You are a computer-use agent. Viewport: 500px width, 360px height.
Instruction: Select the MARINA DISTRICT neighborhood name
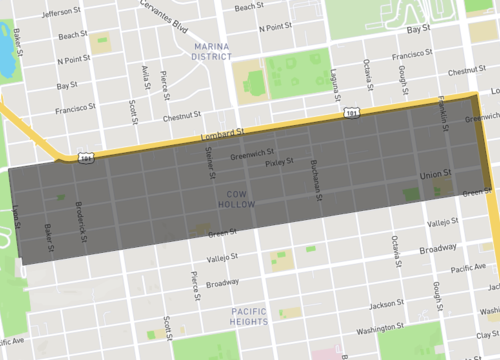tap(210, 51)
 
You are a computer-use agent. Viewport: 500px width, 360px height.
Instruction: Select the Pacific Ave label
tap(468, 269)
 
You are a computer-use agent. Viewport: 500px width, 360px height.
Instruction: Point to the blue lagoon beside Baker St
tap(6, 62)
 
